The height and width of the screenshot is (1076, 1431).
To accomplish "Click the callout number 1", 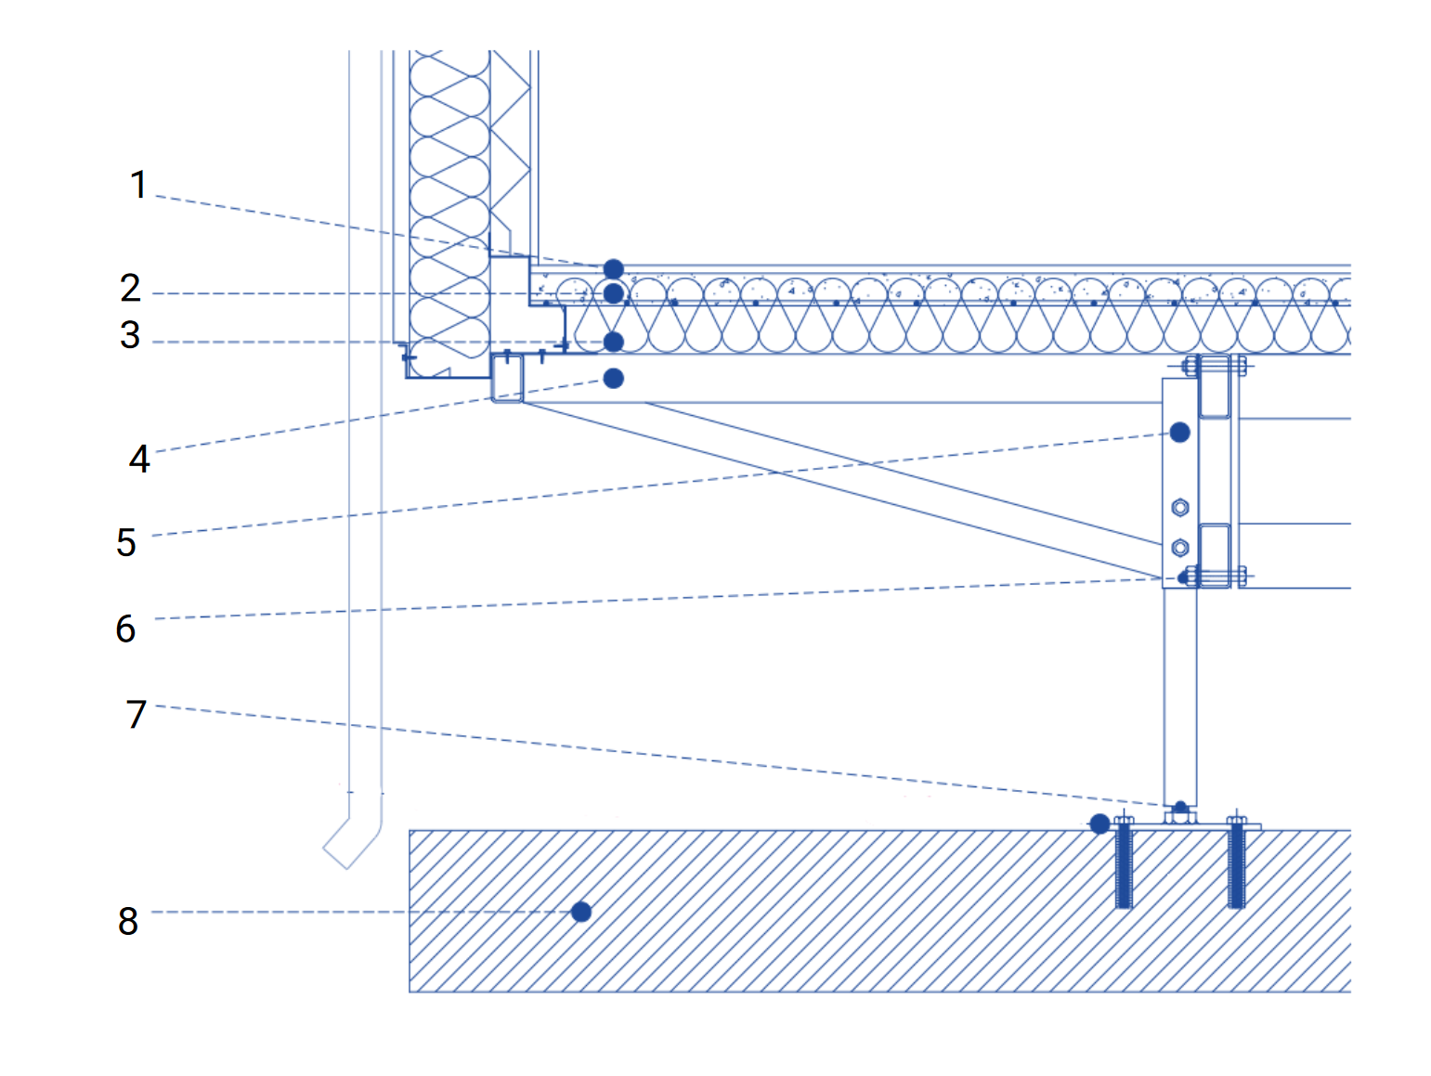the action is pyautogui.click(x=138, y=184).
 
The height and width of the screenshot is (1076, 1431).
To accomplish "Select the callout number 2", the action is pyautogui.click(x=130, y=288).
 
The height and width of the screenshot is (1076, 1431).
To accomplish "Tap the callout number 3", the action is pyautogui.click(x=130, y=335).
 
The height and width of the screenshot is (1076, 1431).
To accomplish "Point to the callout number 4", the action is pyautogui.click(x=139, y=459).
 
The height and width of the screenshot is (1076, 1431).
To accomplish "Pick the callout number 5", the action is pyautogui.click(x=126, y=542).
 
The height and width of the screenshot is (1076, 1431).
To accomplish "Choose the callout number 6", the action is pyautogui.click(x=125, y=629).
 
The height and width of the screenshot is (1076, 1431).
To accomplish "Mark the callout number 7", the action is pyautogui.click(x=137, y=714).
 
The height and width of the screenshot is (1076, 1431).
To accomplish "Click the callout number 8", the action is pyautogui.click(x=128, y=921).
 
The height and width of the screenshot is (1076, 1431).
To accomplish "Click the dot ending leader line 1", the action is pyautogui.click(x=614, y=268).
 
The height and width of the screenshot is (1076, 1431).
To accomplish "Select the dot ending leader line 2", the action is pyautogui.click(x=614, y=293).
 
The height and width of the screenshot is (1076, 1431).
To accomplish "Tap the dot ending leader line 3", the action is pyautogui.click(x=614, y=343).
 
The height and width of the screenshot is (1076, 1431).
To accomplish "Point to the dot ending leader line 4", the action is pyautogui.click(x=614, y=379).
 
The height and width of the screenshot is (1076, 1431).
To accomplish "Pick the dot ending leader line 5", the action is pyautogui.click(x=1180, y=432).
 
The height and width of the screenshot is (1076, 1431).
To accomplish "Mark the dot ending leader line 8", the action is pyautogui.click(x=581, y=912).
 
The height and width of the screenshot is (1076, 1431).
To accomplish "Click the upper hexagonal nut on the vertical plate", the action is pyautogui.click(x=1180, y=507).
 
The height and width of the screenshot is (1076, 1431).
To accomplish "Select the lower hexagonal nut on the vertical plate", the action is pyautogui.click(x=1180, y=548).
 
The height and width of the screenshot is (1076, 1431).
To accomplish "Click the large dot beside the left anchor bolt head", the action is pyautogui.click(x=1099, y=823).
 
